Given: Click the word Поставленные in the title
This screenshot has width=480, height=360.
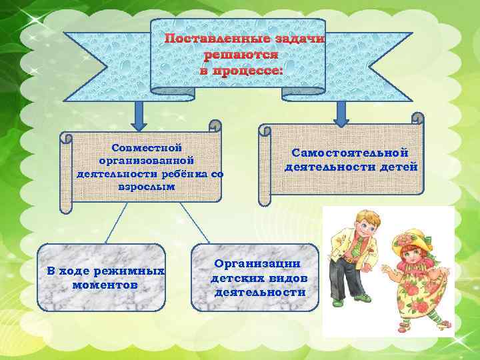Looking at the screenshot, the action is point(211,39).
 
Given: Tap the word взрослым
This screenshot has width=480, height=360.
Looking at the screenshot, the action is point(147,187).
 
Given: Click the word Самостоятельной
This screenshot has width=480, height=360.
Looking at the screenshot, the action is point(352,153).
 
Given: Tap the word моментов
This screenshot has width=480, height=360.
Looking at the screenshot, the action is point(103,285).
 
